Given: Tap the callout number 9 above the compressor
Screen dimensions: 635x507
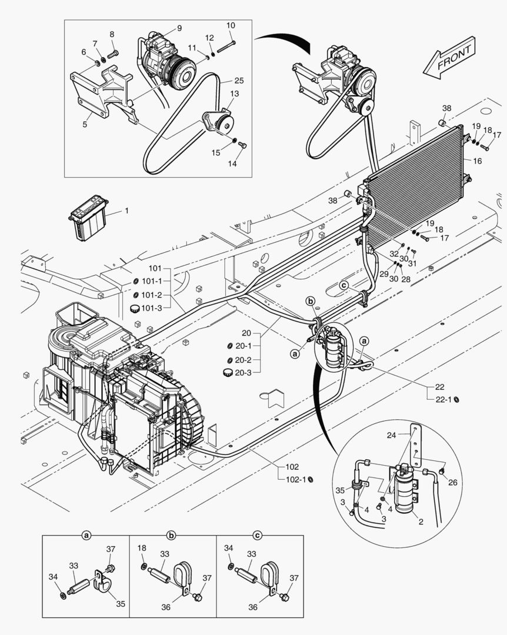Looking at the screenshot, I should pos(179,28).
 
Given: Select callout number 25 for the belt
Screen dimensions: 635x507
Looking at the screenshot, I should pos(239,81).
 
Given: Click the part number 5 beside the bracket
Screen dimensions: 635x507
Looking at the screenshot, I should pos(85,125).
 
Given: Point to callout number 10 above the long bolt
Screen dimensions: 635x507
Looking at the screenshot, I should pos(231,25).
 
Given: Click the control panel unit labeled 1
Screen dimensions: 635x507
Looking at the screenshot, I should pos(88,216).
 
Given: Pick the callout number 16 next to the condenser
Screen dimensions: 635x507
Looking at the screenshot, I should pos(477,160).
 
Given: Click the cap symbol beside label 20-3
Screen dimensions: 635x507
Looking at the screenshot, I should pos(226,372).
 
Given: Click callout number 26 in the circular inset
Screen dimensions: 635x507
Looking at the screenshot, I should pos(452,483).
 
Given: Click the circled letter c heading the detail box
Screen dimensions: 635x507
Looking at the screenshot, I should pos(257,536).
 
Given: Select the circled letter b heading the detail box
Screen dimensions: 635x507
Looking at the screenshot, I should pos(171,536).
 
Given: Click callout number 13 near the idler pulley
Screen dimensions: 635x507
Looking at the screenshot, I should pos(234,94).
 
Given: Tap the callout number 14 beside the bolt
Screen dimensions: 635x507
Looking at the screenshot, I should pos(232,163).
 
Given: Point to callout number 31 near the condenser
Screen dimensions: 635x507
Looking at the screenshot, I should pos(412,263).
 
